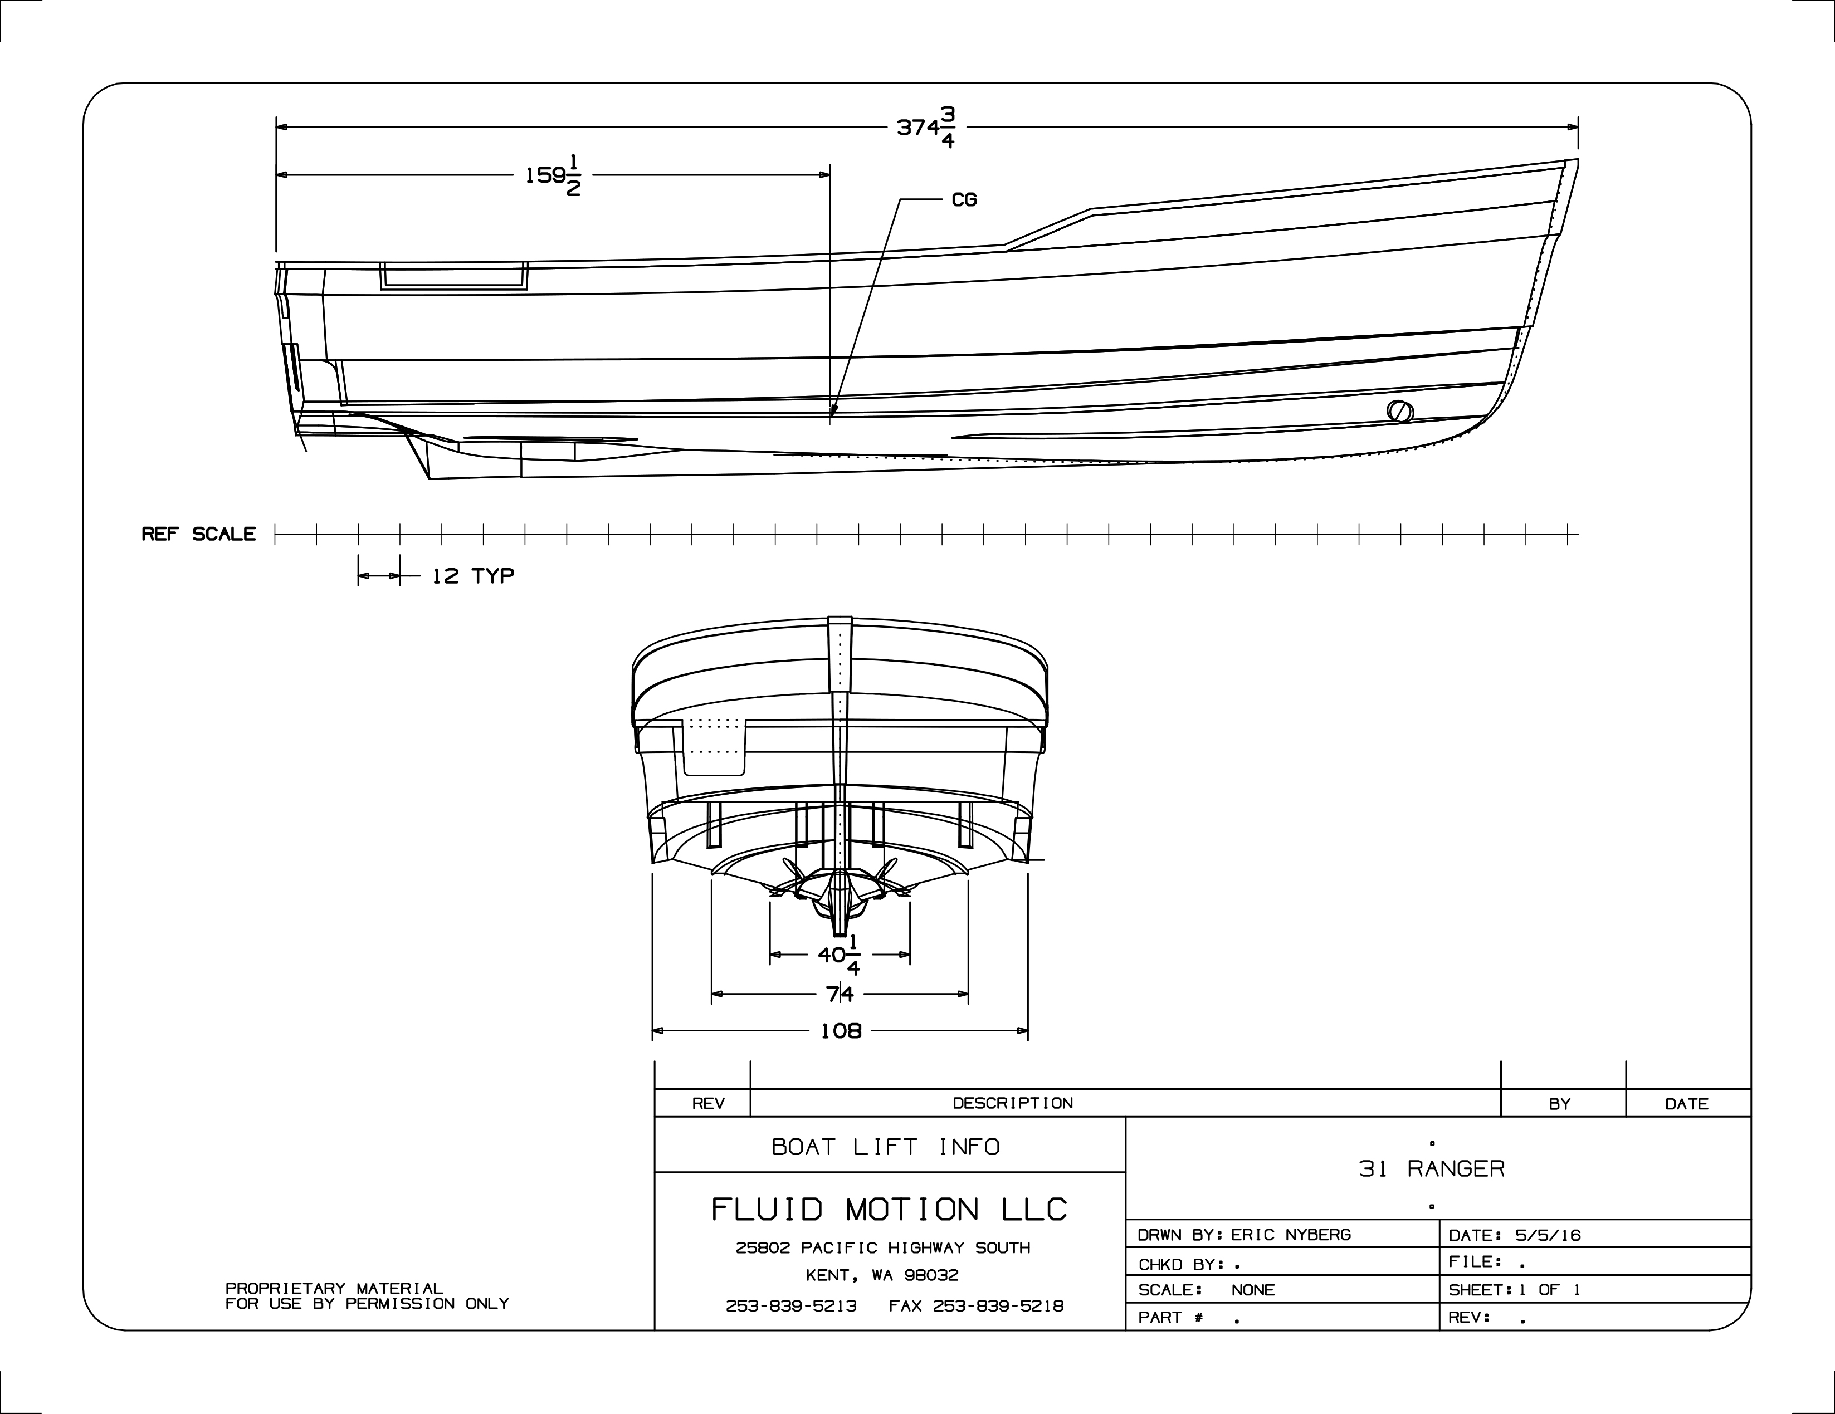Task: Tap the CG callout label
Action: point(964,200)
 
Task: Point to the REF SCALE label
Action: point(198,534)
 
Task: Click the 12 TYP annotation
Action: point(472,576)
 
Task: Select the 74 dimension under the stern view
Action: point(840,995)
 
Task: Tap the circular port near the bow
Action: point(1400,412)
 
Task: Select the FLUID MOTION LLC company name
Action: point(889,1210)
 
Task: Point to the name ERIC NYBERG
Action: point(1291,1235)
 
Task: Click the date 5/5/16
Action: point(1548,1236)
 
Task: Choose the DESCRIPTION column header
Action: point(1012,1103)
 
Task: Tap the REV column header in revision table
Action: point(708,1104)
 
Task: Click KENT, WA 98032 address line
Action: point(882,1275)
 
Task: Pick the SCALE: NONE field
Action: point(1207,1290)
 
